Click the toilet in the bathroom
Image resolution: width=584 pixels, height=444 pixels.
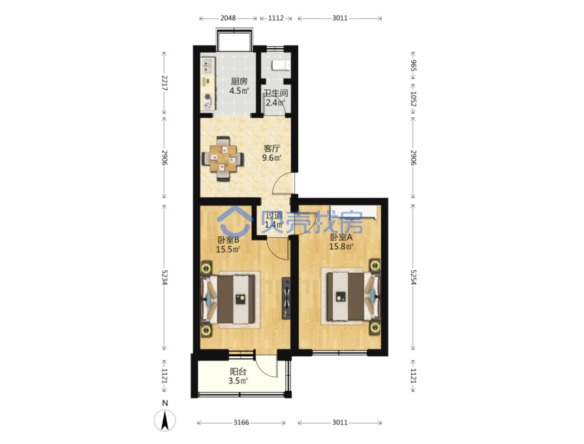tap(280, 65)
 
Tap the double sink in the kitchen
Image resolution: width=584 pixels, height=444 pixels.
tap(207, 66)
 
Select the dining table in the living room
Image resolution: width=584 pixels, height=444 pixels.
tap(223, 158)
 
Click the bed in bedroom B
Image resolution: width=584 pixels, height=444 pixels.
tap(228, 299)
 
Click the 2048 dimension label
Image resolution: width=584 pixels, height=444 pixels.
tap(228, 18)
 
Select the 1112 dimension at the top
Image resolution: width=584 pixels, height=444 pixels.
tap(275, 18)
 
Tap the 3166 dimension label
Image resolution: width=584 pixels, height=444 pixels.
tap(241, 422)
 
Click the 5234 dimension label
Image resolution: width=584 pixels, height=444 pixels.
tap(165, 277)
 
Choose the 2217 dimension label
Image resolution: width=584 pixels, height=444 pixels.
tap(165, 83)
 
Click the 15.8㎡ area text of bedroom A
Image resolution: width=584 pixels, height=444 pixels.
tap(341, 246)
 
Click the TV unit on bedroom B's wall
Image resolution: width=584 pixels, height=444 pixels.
tap(286, 298)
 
